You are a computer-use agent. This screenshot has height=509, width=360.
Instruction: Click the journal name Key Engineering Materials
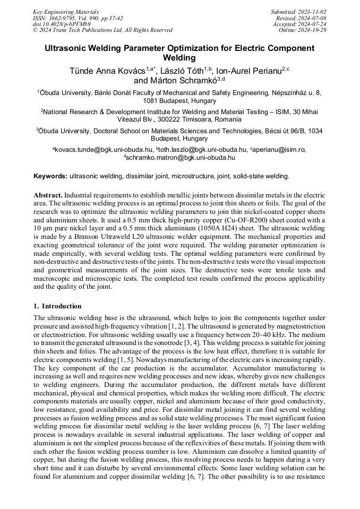(x=66, y=11)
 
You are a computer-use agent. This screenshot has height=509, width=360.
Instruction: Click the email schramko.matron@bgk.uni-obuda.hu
(x=181, y=157)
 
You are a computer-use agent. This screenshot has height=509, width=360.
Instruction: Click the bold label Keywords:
(x=50, y=176)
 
